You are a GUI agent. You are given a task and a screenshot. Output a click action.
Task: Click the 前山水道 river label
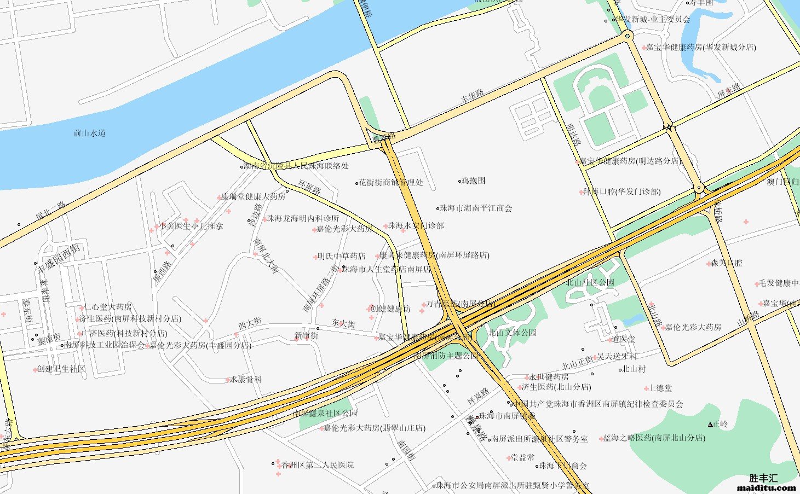pyautogui.click(x=89, y=133)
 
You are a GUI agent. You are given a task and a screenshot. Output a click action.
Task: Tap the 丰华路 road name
pyautogui.click(x=472, y=96)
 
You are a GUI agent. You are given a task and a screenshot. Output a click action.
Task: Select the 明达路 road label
pyautogui.click(x=573, y=134)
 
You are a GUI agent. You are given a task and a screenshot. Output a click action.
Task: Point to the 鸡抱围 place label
pyautogui.click(x=474, y=181)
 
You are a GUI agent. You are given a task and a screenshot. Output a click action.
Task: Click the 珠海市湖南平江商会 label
pyautogui.click(x=476, y=208)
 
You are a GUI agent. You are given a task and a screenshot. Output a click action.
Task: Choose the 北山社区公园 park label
pyautogui.click(x=590, y=282)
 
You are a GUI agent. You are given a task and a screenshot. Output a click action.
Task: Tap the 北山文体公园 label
pyautogui.click(x=513, y=333)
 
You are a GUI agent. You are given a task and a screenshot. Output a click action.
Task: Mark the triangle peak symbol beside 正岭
pyautogui.click(x=710, y=425)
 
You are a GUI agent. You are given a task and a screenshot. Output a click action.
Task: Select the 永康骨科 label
pyautogui.click(x=246, y=379)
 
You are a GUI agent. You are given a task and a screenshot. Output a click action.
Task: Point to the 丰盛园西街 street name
pyautogui.click(x=58, y=259)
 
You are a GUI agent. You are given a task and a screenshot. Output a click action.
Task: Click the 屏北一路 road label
pyautogui.click(x=50, y=212)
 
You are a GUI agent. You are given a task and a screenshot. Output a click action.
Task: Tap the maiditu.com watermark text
pyautogui.click(x=767, y=487)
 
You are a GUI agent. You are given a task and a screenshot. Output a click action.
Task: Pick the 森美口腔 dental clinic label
pyautogui.click(x=727, y=263)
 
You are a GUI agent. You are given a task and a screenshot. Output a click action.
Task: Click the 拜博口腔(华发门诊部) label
pyautogui.click(x=621, y=192)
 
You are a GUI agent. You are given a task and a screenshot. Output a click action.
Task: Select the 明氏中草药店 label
pyautogui.click(x=341, y=256)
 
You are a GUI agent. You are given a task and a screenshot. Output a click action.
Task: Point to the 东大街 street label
pyautogui.click(x=343, y=323)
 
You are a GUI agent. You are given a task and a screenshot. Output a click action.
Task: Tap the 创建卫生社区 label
pyautogui.click(x=61, y=369)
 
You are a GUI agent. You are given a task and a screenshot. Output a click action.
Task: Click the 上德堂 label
pyautogui.click(x=660, y=388)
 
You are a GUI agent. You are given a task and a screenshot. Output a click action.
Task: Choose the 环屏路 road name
pyautogui.click(x=309, y=188)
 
